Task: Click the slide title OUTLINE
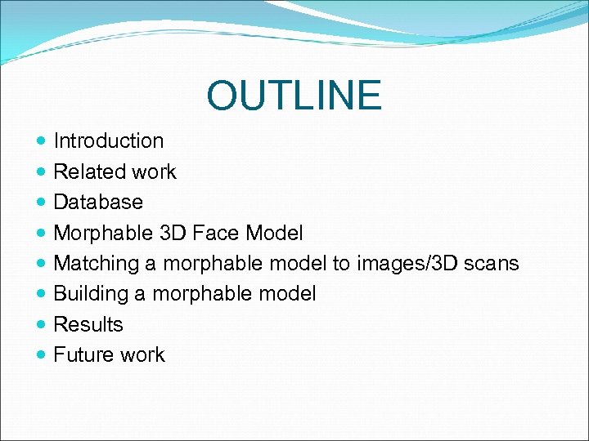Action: pyautogui.click(x=294, y=96)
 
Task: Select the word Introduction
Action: pyautogui.click(x=108, y=140)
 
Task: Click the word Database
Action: pyautogui.click(x=97, y=202)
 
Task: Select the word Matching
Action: pyautogui.click(x=97, y=264)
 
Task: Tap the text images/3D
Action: pyautogui.click(x=402, y=263)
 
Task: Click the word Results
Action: pyautogui.click(x=88, y=324)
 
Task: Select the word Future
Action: pyautogui.click(x=83, y=354)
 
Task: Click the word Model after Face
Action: pyautogui.click(x=274, y=233)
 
